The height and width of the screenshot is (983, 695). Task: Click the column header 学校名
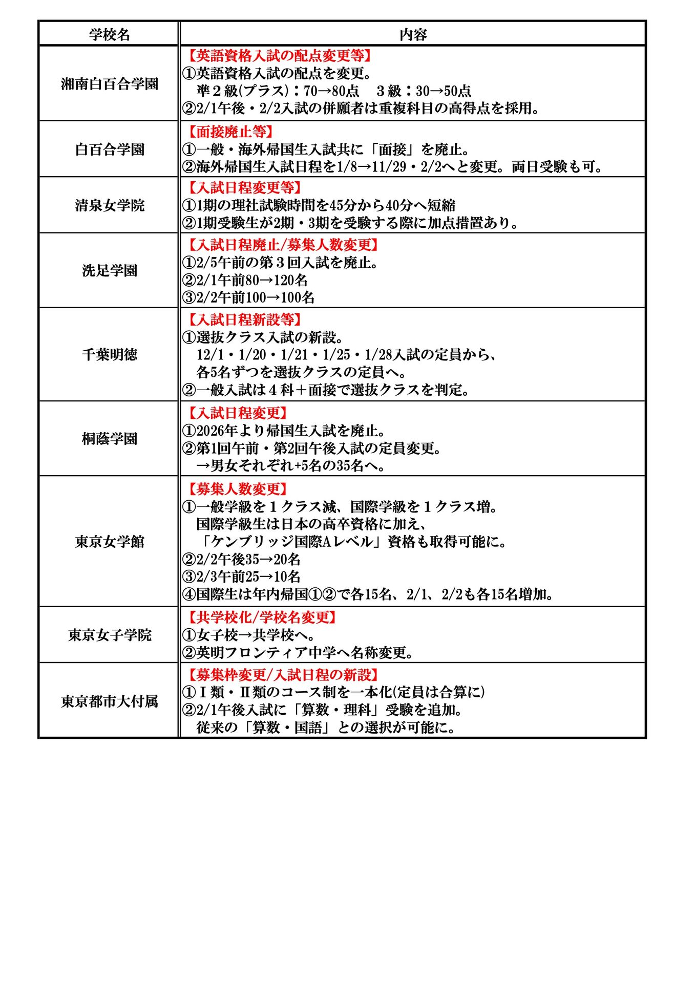(110, 34)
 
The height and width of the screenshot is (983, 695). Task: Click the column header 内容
(413, 34)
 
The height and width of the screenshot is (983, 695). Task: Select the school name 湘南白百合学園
(110, 84)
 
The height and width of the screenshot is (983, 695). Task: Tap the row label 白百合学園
(110, 149)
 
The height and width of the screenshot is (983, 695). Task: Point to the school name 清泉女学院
(110, 205)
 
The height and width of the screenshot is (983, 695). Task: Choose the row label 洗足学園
(110, 270)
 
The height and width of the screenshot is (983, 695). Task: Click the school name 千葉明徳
(110, 354)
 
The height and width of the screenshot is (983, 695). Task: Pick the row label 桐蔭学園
(110, 439)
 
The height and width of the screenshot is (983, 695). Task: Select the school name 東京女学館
(110, 542)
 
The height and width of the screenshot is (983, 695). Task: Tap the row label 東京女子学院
(110, 635)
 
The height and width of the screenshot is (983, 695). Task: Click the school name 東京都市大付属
(110, 701)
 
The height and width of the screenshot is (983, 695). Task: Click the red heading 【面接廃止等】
(230, 132)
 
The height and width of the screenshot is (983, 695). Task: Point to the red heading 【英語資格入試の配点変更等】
(279, 55)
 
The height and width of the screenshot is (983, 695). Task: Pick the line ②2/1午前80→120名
(245, 280)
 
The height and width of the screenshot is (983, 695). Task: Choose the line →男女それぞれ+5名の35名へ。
(291, 465)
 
